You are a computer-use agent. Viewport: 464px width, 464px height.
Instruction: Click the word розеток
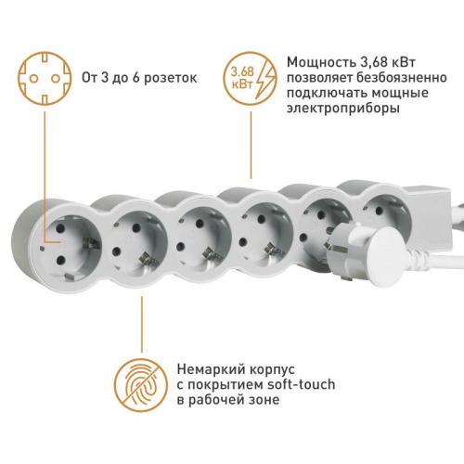(x=171, y=78)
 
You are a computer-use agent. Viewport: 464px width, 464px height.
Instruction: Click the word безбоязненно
(x=379, y=78)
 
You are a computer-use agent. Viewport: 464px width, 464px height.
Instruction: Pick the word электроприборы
(x=343, y=109)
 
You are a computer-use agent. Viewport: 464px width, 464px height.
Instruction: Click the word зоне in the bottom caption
(x=259, y=400)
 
